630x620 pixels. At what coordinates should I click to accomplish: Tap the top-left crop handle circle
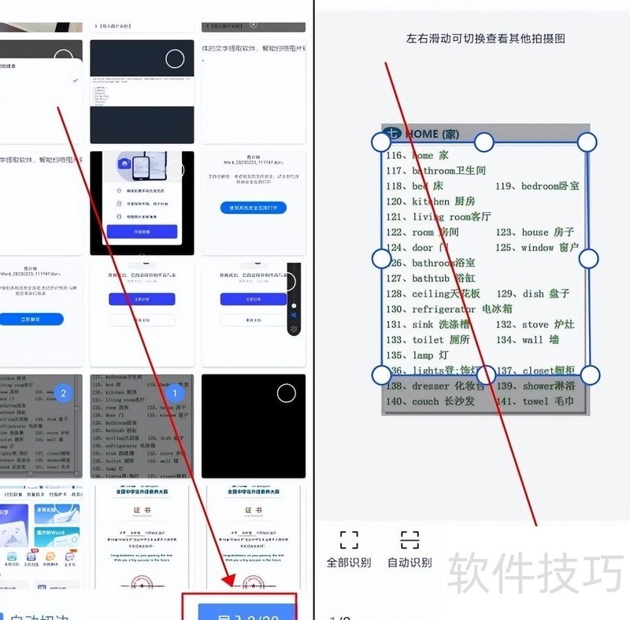(381, 142)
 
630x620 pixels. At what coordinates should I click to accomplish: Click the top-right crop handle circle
(587, 142)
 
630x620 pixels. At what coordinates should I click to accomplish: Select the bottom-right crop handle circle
(590, 375)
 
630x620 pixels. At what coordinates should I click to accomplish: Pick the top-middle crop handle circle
(484, 142)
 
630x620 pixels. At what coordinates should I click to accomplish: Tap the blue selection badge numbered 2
(65, 393)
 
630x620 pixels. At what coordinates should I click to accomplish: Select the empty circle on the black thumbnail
(287, 393)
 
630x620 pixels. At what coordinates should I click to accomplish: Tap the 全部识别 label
(348, 563)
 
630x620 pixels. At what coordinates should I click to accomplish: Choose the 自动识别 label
(409, 563)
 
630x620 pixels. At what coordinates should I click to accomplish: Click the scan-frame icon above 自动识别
(409, 539)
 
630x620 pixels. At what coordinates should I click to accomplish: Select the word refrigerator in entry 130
(444, 309)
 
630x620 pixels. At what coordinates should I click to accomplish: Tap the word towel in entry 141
(536, 401)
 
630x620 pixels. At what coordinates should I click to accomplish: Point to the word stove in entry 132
(535, 324)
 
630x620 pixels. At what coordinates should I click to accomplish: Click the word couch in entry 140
(425, 401)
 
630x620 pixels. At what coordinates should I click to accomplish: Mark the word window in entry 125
(537, 248)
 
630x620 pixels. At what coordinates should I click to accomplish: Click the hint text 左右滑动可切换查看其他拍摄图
(486, 38)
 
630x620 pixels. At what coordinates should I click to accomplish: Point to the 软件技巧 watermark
(535, 573)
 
